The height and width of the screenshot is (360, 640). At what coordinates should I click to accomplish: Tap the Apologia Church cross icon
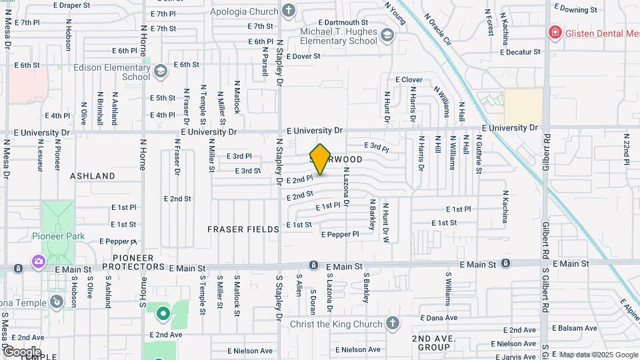click(289, 11)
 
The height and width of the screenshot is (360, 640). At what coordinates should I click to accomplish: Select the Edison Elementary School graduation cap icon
click(160, 71)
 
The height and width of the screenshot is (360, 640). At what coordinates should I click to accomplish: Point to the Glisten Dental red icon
click(553, 32)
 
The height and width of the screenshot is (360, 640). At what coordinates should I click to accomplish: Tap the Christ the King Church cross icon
click(393, 324)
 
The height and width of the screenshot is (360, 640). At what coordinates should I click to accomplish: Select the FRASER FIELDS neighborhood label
click(243, 229)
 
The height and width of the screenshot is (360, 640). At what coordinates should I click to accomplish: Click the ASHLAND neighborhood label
click(93, 176)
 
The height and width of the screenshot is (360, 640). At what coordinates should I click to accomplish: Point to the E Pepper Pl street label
click(340, 234)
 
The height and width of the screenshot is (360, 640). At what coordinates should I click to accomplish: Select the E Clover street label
click(409, 79)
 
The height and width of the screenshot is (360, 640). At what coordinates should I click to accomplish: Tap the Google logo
click(21, 351)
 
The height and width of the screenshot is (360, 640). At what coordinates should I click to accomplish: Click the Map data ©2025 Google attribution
click(597, 355)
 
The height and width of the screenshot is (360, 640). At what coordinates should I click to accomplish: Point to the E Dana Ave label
click(438, 318)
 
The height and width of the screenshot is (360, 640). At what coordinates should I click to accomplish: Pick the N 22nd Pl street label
click(627, 150)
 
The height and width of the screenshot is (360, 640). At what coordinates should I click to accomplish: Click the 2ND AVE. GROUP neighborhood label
click(433, 343)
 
